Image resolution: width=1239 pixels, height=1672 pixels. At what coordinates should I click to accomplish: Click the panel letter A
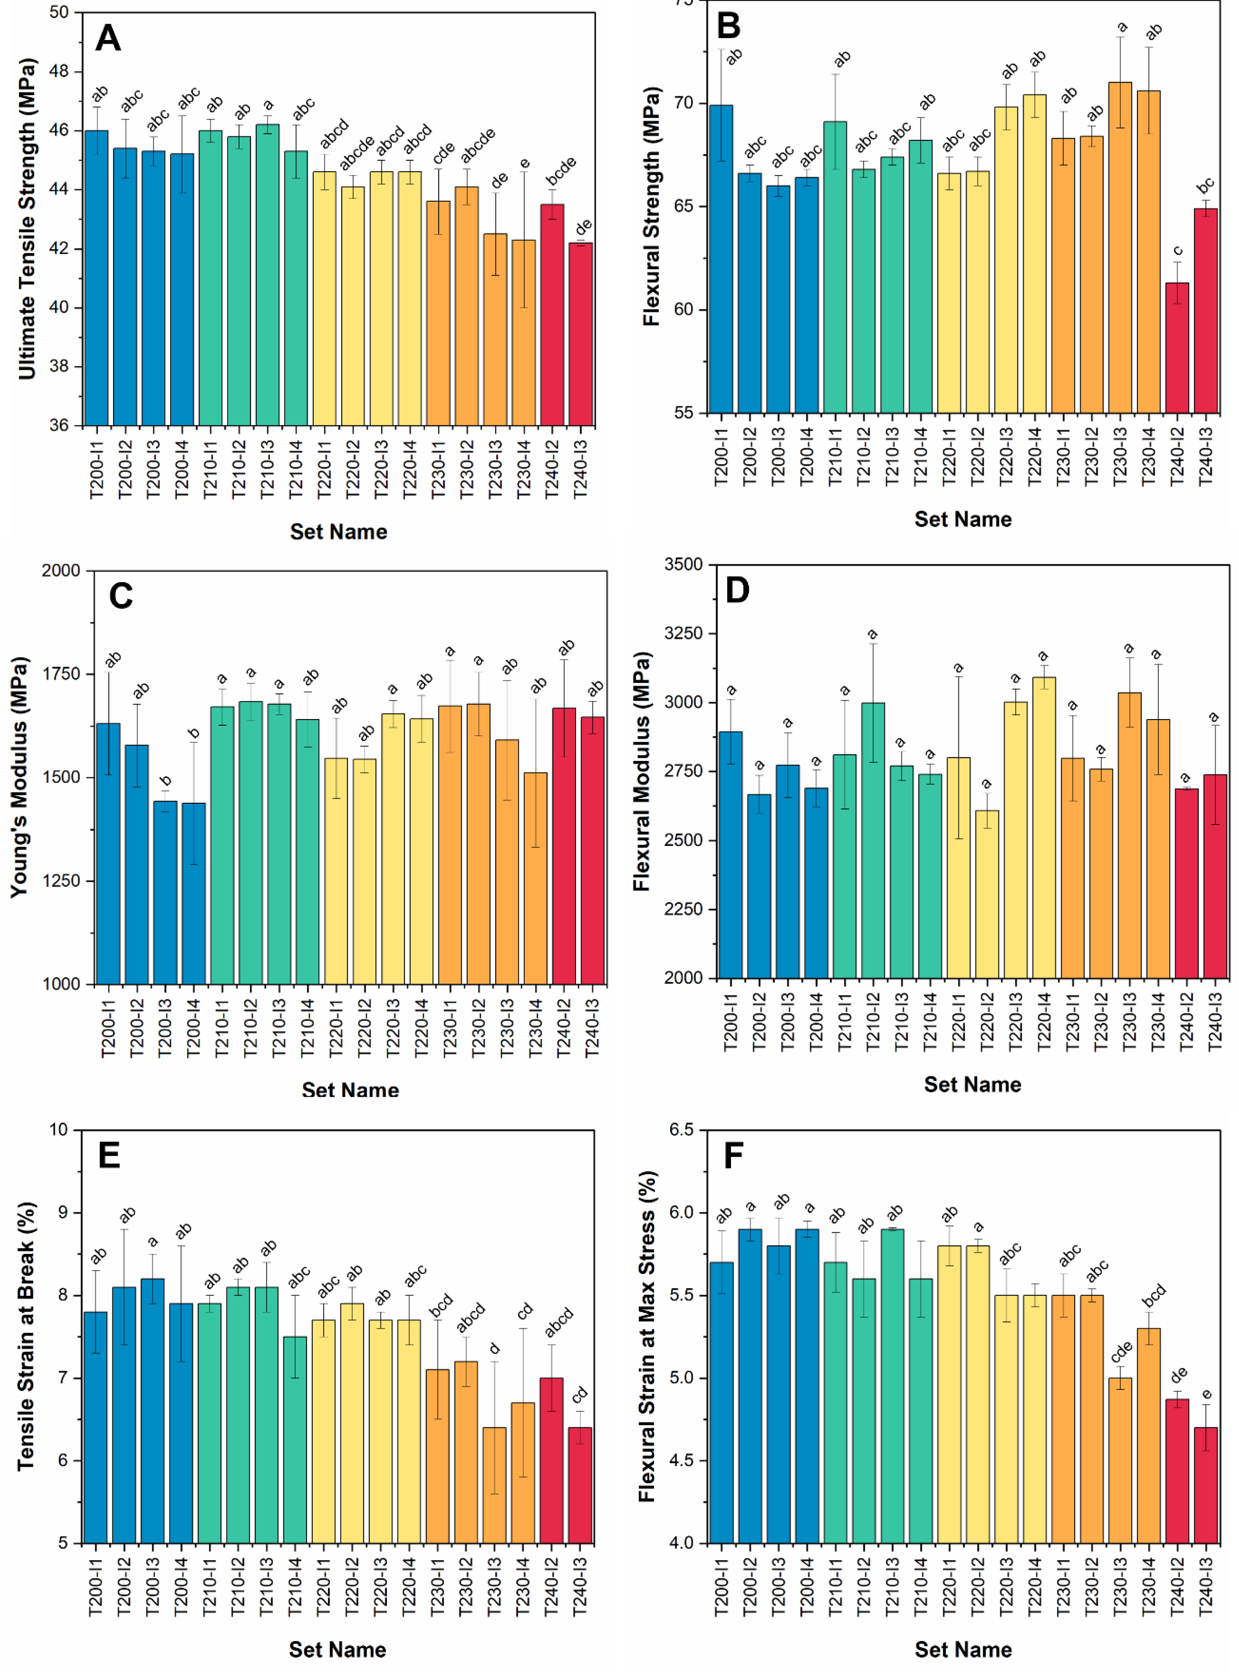[108, 38]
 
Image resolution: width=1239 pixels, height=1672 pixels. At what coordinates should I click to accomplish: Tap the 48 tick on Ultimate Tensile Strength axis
[59, 71]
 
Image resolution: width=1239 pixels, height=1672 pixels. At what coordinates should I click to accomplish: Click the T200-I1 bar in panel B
[721, 259]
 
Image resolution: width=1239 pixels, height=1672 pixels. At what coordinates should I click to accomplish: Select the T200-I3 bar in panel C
[165, 893]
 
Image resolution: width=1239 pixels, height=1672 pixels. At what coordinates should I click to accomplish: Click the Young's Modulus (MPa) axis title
[20, 777]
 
